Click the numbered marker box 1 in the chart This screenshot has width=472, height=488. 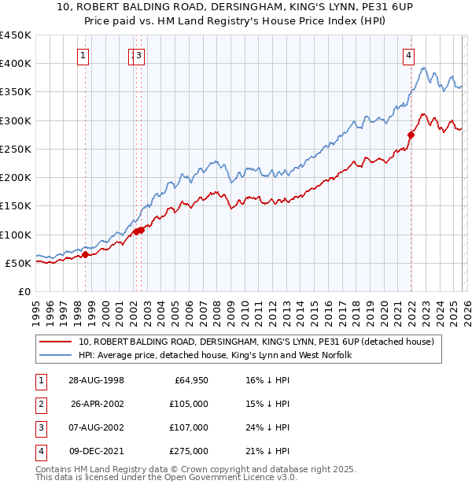tap(83, 55)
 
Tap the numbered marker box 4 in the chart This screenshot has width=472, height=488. tap(409, 55)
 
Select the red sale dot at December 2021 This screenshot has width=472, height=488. tap(411, 135)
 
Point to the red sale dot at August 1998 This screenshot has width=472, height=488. tap(86, 253)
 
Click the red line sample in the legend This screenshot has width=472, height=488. tap(56, 342)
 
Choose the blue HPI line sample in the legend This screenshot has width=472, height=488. tap(56, 356)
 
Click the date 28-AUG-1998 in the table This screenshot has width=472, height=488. tap(96, 380)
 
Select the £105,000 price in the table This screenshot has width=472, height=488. tap(188, 404)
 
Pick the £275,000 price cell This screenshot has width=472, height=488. tap(188, 451)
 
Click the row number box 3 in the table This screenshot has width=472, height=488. tap(40, 427)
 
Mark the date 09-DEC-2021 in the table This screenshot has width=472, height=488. tap(96, 451)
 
